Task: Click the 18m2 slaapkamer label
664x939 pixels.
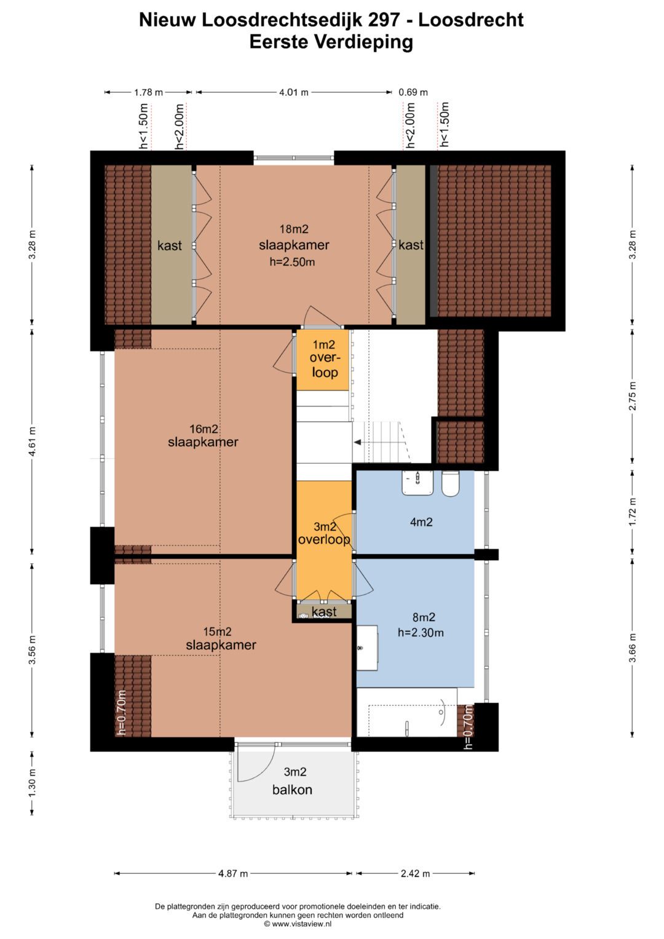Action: [294, 237]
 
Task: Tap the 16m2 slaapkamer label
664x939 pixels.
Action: [204, 435]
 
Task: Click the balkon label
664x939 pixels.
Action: [292, 790]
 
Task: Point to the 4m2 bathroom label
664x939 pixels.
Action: [421, 522]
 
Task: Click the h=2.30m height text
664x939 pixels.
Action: [421, 633]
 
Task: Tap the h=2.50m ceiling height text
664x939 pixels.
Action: [292, 263]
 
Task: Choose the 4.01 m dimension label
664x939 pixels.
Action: [294, 92]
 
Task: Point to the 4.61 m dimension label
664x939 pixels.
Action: [32, 441]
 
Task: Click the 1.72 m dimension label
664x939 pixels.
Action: [633, 511]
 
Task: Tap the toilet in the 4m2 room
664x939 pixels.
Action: [451, 483]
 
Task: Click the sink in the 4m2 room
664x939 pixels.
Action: [417, 483]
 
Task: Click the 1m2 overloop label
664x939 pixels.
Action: [324, 359]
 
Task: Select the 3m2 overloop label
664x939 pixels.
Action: [324, 533]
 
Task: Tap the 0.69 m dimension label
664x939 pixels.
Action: [413, 92]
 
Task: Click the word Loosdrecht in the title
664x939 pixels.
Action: [471, 20]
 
